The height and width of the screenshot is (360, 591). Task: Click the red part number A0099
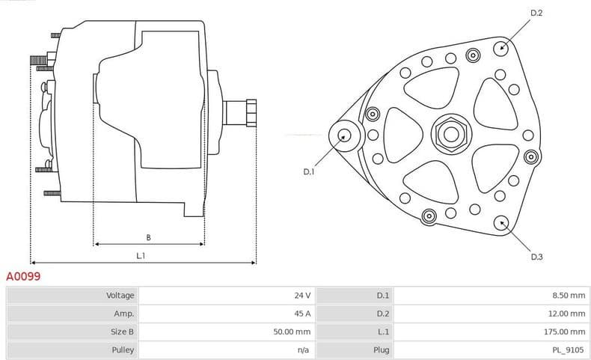tap(23, 276)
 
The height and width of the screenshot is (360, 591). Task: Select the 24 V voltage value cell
tap(302, 296)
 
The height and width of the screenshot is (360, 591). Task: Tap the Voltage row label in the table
tap(120, 296)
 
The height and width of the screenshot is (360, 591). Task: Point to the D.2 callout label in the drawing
tap(536, 13)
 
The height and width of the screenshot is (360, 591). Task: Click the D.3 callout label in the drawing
tap(536, 257)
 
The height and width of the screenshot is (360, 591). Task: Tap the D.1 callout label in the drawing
tap(309, 172)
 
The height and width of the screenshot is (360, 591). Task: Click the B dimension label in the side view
tap(148, 237)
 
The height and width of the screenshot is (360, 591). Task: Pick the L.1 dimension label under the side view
tap(140, 256)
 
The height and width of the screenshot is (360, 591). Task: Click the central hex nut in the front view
tap(450, 134)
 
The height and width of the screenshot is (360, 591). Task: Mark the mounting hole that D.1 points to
tap(345, 135)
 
